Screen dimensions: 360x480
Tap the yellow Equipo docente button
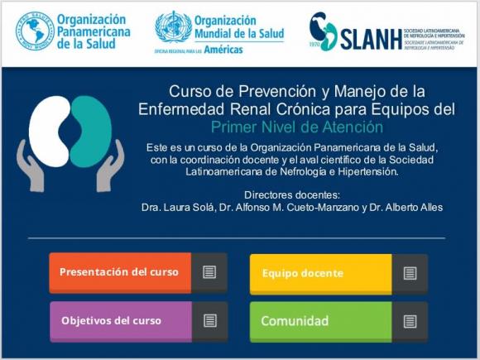pyautogui.click(x=320, y=273)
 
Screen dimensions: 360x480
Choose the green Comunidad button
pyautogui.click(x=320, y=321)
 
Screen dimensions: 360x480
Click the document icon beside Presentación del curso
pyautogui.click(x=209, y=272)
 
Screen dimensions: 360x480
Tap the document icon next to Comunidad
pyautogui.click(x=410, y=321)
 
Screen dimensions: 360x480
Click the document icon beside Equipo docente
pyautogui.click(x=410, y=273)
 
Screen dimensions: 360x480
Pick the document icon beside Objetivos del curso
pyautogui.click(x=209, y=320)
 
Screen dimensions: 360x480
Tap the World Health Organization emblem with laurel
pyautogui.click(x=173, y=26)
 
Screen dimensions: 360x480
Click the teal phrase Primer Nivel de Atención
pyautogui.click(x=296, y=127)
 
